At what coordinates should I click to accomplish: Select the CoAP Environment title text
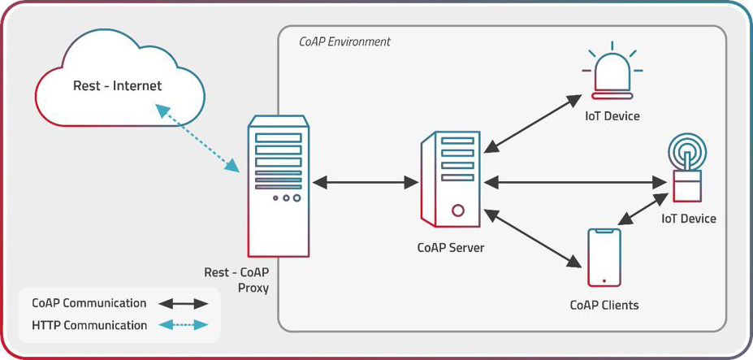[344, 41]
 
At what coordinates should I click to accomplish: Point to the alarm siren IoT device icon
[613, 73]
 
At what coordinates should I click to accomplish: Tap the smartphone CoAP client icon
[604, 257]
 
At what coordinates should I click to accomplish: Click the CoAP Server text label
[450, 247]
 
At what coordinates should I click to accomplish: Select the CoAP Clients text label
[604, 306]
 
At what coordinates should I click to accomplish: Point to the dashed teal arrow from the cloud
[198, 139]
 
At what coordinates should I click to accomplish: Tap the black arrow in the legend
[183, 304]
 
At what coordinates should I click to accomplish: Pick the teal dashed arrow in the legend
[183, 326]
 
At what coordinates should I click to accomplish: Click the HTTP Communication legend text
[89, 326]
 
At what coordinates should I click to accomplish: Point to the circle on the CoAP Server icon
[458, 210]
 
